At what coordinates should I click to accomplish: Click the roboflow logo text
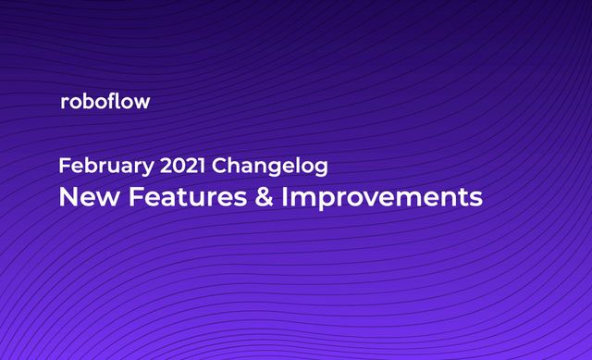pos(104,102)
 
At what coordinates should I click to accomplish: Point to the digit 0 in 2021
pos(172,168)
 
